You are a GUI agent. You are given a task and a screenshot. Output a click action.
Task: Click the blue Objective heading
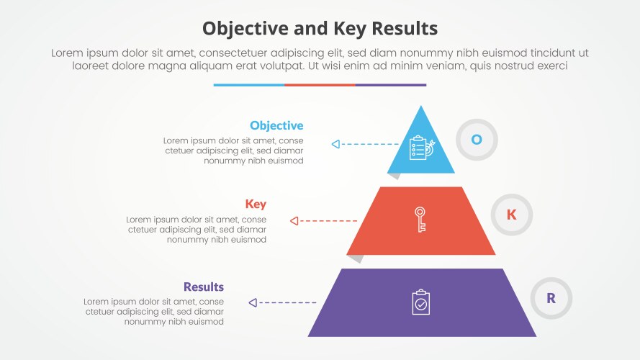276,126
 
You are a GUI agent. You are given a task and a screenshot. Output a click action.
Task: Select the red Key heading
256,204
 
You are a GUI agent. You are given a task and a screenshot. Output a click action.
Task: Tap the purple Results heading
203,287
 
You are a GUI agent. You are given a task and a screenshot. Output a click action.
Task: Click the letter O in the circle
477,139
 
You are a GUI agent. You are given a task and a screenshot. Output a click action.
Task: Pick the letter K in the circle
512,214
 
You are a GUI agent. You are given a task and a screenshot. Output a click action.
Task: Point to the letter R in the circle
551,298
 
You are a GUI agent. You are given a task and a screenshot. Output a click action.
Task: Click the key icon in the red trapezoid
420,219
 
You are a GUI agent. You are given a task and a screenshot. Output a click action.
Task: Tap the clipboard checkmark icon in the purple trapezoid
421,302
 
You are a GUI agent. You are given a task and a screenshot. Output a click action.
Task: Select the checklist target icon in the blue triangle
420,148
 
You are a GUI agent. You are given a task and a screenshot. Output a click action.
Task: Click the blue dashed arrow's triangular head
335,144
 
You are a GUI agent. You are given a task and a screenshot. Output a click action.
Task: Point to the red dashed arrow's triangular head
293,220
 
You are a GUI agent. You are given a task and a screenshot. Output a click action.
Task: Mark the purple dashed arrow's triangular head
252,303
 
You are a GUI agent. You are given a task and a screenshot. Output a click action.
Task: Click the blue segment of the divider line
248,84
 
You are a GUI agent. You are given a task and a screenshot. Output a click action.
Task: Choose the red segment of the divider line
320,84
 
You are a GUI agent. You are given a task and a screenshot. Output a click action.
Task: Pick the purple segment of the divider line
391,84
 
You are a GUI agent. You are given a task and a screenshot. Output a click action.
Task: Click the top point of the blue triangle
421,107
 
